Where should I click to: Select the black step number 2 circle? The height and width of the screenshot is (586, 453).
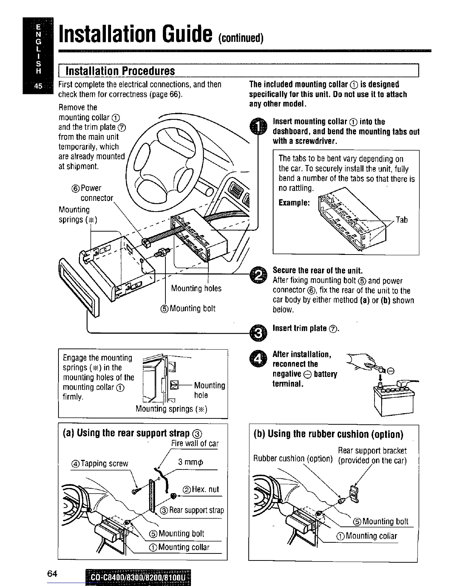258,274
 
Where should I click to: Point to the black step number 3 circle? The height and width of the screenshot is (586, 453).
258,333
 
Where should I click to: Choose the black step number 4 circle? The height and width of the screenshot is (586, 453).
258,358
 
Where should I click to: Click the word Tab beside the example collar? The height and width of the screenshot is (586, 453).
402,220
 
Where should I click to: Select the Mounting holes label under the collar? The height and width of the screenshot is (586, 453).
196,288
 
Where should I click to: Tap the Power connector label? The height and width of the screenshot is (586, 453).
94,193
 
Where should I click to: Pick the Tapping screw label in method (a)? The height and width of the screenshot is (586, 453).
100,464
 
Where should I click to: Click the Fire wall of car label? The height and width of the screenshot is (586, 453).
195,444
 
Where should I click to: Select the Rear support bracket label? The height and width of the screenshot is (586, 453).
372,451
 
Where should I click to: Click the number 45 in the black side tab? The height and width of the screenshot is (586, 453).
38,87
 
